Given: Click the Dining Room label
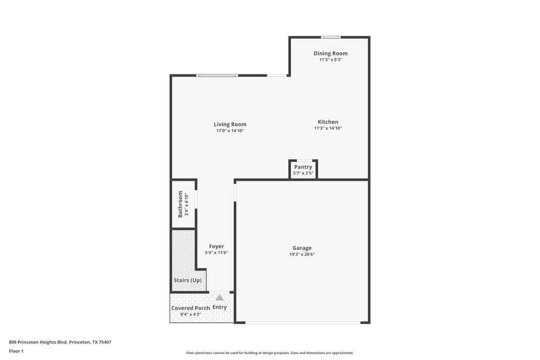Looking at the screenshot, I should click(x=330, y=53).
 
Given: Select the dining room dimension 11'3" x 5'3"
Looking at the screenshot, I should click(x=330, y=60).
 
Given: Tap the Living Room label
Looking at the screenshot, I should click(x=230, y=124).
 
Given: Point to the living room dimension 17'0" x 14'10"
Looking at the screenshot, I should click(x=230, y=131).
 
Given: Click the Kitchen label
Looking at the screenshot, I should click(x=328, y=122).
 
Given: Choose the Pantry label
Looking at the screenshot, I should click(x=303, y=167).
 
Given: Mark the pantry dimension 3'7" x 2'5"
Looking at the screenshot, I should click(x=303, y=173).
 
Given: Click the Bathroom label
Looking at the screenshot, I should click(x=180, y=205).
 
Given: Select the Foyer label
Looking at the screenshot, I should click(x=217, y=246).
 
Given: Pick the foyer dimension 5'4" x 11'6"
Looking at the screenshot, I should click(x=217, y=253).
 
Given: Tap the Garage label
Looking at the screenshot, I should click(x=302, y=248).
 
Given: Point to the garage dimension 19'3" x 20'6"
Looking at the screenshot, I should click(x=302, y=254).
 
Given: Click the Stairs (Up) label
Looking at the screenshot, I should click(x=187, y=281).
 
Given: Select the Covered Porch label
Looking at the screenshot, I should click(x=191, y=308).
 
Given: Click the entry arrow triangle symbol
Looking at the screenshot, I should click(x=219, y=297).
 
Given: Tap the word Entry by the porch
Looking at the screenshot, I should click(x=220, y=308).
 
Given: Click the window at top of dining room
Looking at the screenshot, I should click(x=330, y=37).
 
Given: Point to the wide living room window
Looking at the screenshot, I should click(x=217, y=76).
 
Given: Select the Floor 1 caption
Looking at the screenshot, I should click(x=16, y=351).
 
